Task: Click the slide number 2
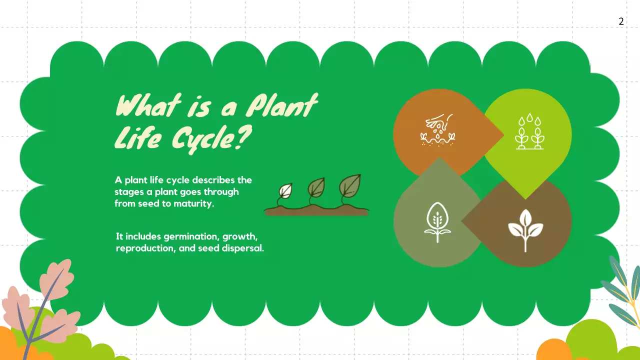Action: pyautogui.click(x=621, y=21)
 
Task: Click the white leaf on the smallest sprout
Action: pyautogui.click(x=286, y=190)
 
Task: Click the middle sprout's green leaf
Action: pyautogui.click(x=316, y=187)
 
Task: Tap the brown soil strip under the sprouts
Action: pyautogui.click(x=316, y=211)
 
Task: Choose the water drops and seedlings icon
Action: pyautogui.click(x=529, y=132)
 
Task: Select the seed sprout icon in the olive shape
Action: pyautogui.click(x=437, y=222)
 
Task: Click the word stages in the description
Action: pyautogui.click(x=128, y=191)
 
